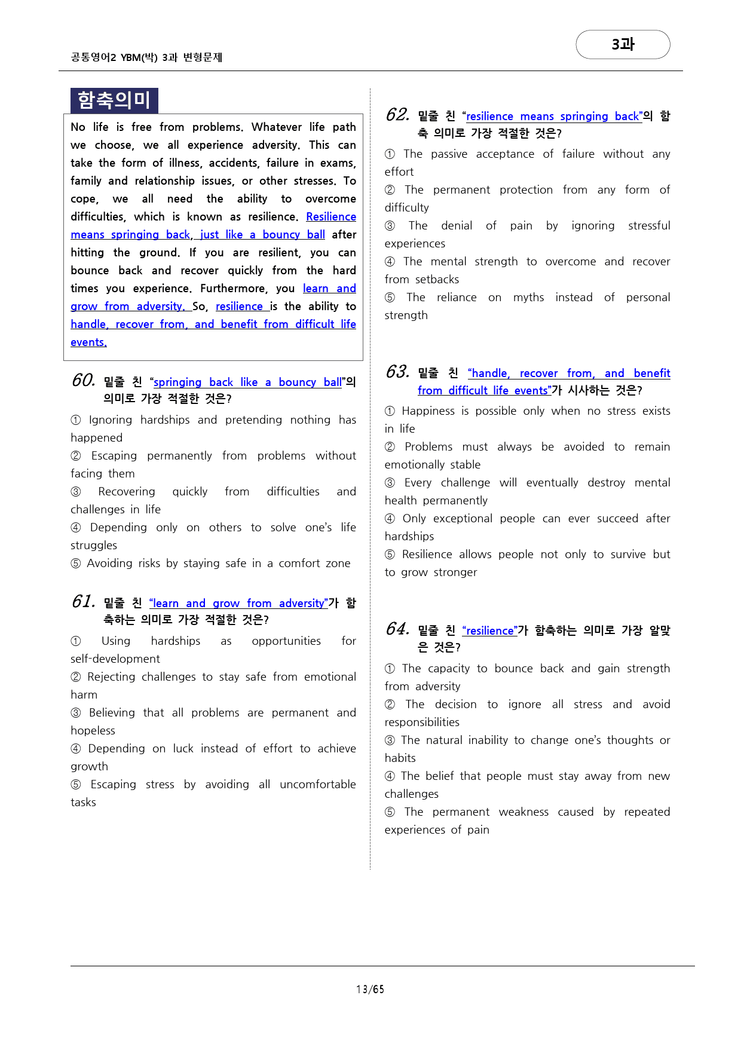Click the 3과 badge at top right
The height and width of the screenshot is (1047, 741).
[623, 44]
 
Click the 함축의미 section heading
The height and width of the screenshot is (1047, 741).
[114, 100]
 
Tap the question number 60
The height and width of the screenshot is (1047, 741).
[83, 381]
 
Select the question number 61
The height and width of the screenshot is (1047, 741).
[83, 602]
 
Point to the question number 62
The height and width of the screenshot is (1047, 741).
[397, 115]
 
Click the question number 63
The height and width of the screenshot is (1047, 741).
[397, 372]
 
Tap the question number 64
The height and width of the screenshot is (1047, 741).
[397, 629]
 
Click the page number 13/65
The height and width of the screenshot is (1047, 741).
[370, 989]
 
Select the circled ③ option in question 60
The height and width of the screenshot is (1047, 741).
[76, 492]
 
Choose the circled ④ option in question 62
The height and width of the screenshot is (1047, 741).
[390, 262]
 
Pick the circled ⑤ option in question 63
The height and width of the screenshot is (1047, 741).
[390, 555]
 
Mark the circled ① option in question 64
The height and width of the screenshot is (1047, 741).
[390, 669]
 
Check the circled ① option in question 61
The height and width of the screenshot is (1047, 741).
[76, 641]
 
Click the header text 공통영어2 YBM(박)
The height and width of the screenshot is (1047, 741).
[114, 57]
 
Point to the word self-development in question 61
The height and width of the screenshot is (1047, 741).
[115, 659]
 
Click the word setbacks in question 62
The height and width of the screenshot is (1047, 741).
[437, 279]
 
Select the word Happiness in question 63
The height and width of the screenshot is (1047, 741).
[428, 411]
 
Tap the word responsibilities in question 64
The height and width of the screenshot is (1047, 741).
[422, 722]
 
